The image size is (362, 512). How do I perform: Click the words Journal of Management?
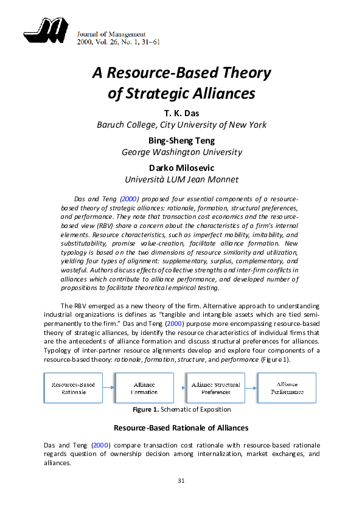click(111, 33)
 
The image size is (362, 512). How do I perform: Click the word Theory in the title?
click(242, 74)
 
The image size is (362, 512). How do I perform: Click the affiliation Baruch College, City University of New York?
click(181, 125)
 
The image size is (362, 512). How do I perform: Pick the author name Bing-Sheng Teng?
click(181, 140)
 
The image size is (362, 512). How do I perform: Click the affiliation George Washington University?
click(181, 152)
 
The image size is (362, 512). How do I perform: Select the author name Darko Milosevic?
click(181, 168)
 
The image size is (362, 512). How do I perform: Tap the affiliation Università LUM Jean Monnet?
click(181, 179)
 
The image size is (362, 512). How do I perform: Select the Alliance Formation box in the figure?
click(144, 388)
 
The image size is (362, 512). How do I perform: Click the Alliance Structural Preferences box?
click(215, 388)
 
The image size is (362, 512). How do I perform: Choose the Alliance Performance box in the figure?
click(287, 388)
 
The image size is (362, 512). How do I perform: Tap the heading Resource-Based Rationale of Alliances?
click(181, 428)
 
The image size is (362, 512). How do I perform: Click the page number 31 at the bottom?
click(181, 481)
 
